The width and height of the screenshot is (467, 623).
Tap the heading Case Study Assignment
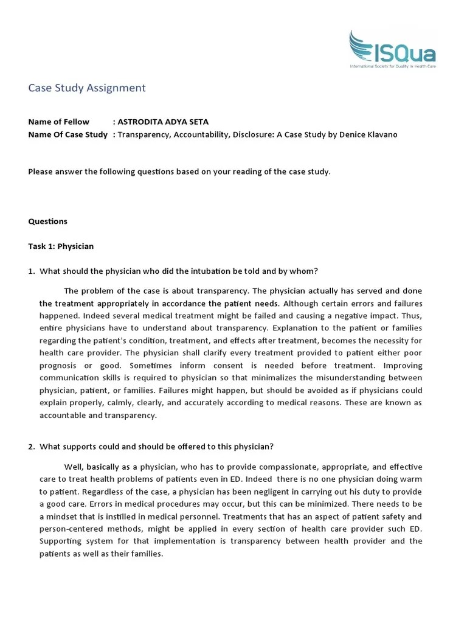tap(87, 88)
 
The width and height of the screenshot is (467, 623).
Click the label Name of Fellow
tap(59, 122)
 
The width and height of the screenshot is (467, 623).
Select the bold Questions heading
tap(47, 221)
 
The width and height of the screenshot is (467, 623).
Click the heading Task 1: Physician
tap(61, 246)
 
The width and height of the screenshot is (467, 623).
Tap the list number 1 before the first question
tap(31, 271)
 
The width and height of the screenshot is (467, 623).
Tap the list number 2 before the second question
tap(31, 447)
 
